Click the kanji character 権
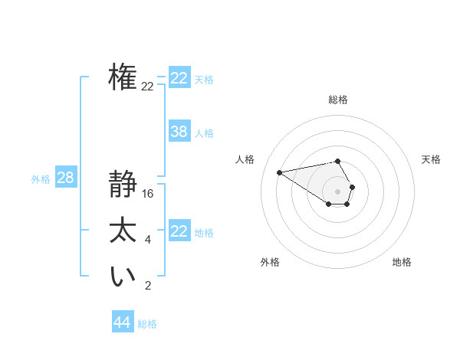coord(123,77)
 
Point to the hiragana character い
coord(123,277)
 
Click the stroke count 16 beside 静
coord(148,194)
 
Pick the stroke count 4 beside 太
coord(148,240)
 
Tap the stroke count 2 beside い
coord(148,286)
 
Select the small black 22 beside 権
coord(147,87)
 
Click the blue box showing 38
coord(179,132)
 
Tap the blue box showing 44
coord(122,322)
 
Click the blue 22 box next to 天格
coord(179,78)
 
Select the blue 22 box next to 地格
coord(179,231)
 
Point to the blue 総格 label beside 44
coord(147,324)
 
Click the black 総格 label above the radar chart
coord(338,100)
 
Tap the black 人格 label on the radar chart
coord(245,159)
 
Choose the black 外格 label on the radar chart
coord(270,262)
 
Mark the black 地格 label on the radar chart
coord(402,262)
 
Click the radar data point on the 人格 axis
coord(280,172)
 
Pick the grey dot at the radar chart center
coord(338,191)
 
